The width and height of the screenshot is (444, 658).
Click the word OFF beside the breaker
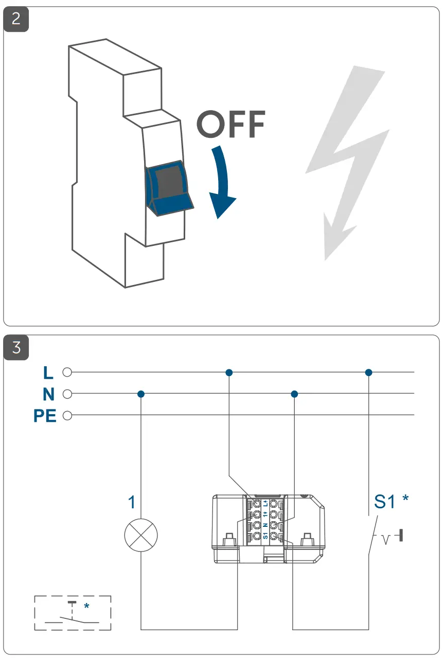[x=231, y=124]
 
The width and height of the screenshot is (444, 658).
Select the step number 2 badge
[x=16, y=20]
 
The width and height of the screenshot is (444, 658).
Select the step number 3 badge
[x=16, y=348]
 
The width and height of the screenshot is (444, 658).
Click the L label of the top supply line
[x=49, y=372]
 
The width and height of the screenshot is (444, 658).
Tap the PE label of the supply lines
[x=45, y=415]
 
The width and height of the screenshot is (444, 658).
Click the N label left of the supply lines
[x=48, y=394]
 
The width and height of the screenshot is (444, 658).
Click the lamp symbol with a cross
[x=141, y=536]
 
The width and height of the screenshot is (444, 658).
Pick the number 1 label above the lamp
[x=132, y=502]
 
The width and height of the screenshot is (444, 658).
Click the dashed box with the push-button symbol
[x=73, y=613]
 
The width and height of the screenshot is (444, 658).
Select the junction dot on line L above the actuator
[x=229, y=372]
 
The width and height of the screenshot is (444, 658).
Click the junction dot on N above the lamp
[x=141, y=394]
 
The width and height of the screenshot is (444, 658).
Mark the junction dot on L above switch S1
[x=368, y=372]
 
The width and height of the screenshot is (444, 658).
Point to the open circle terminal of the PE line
[x=66, y=415]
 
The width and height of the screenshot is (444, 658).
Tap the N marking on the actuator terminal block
[x=265, y=525]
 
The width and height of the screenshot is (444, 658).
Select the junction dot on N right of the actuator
[x=294, y=394]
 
